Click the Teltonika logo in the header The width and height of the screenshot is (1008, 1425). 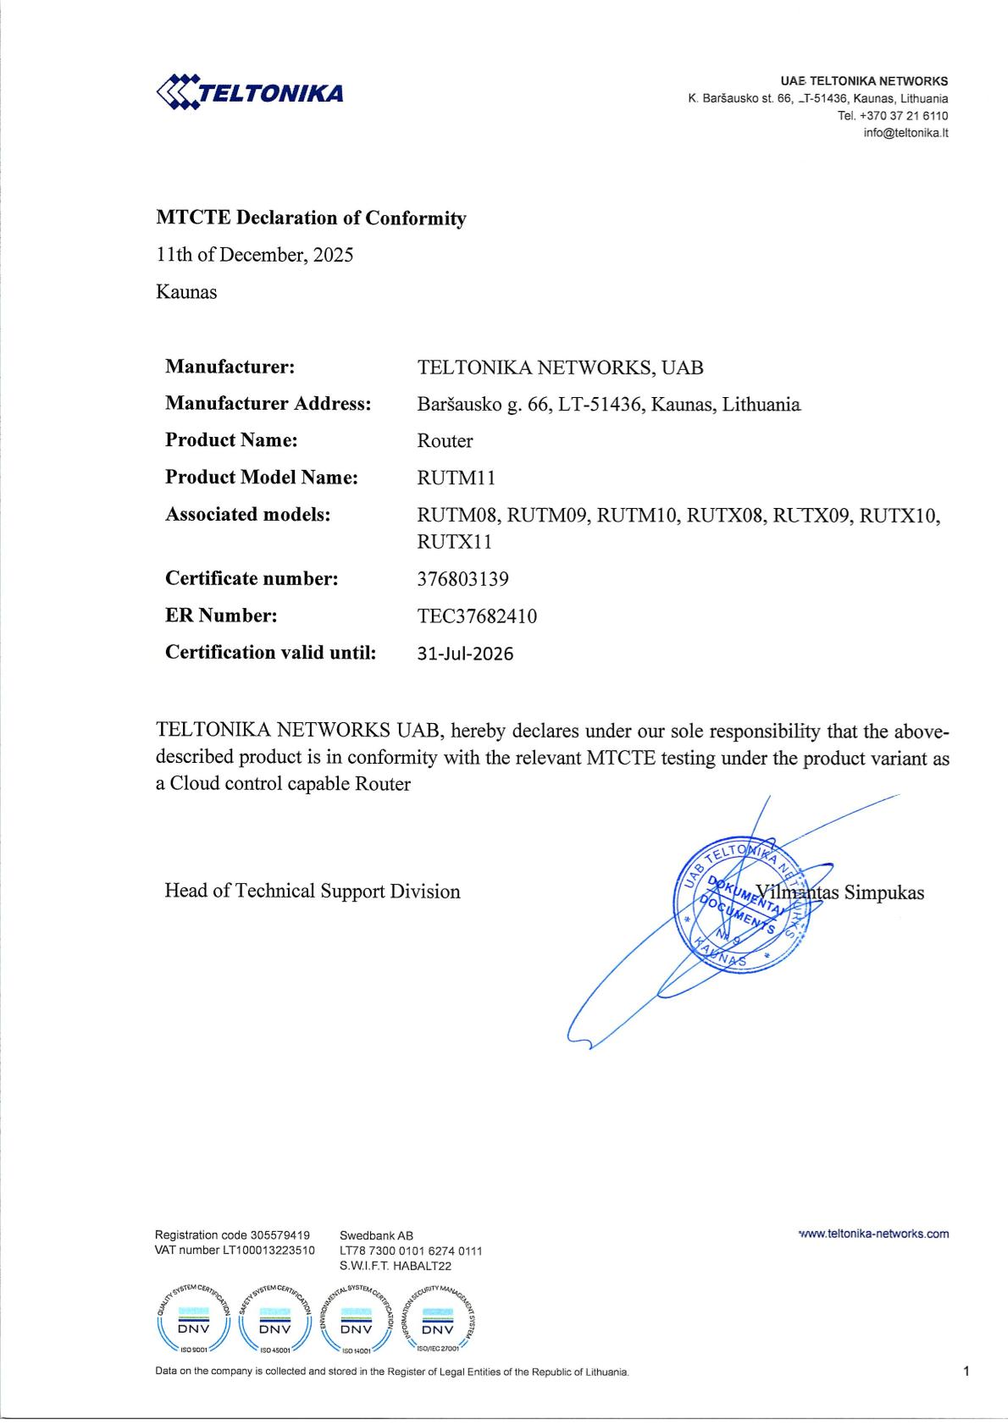tap(250, 92)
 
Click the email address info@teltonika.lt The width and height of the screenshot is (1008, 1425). tap(906, 133)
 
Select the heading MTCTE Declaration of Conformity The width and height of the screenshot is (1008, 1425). tap(311, 218)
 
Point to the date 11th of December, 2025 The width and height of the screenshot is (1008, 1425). tap(255, 255)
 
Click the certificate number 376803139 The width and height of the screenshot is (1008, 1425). tap(462, 579)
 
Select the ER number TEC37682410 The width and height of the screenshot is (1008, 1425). tap(477, 616)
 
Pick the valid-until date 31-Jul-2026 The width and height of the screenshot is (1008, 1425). tap(465, 654)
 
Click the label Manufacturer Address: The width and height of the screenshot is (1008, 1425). tap(268, 404)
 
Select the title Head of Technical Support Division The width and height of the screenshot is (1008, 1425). tap(312, 892)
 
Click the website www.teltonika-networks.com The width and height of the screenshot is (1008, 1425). tap(873, 1234)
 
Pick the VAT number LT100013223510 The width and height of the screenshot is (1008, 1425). tap(269, 1250)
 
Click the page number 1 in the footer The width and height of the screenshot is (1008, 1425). tap(966, 1371)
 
